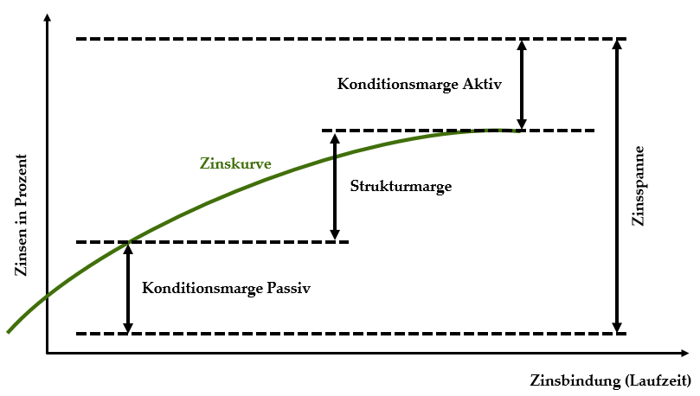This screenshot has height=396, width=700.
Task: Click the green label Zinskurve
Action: pos(235,163)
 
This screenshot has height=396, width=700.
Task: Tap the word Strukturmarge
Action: pos(401,187)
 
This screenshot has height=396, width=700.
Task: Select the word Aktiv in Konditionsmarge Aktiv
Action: pos(482,84)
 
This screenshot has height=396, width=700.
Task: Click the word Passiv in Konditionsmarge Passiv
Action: pos(288,288)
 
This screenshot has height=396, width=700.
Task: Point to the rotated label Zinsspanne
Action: pos(639,186)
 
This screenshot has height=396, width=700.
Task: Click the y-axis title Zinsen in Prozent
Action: pos(21,215)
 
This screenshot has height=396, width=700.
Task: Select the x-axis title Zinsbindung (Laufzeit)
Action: pos(610,380)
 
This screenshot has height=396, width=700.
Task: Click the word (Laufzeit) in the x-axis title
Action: pos(658,380)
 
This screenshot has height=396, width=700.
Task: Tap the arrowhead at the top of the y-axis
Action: pos(47,17)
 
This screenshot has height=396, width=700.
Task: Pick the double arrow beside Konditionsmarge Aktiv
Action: pos(522,85)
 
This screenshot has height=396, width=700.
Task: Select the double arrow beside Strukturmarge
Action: pos(335,187)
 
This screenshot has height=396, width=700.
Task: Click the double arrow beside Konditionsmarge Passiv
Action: pos(128,288)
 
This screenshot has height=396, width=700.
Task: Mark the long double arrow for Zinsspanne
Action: pos(617,187)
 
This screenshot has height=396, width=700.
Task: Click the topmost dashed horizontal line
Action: pos(351,39)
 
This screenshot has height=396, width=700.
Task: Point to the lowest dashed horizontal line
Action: pos(351,334)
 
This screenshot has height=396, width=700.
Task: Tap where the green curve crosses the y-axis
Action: pos(47,296)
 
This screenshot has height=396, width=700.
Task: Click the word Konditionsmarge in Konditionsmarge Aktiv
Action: pos(398,84)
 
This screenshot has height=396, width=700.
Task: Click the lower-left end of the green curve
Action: pos(8,332)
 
